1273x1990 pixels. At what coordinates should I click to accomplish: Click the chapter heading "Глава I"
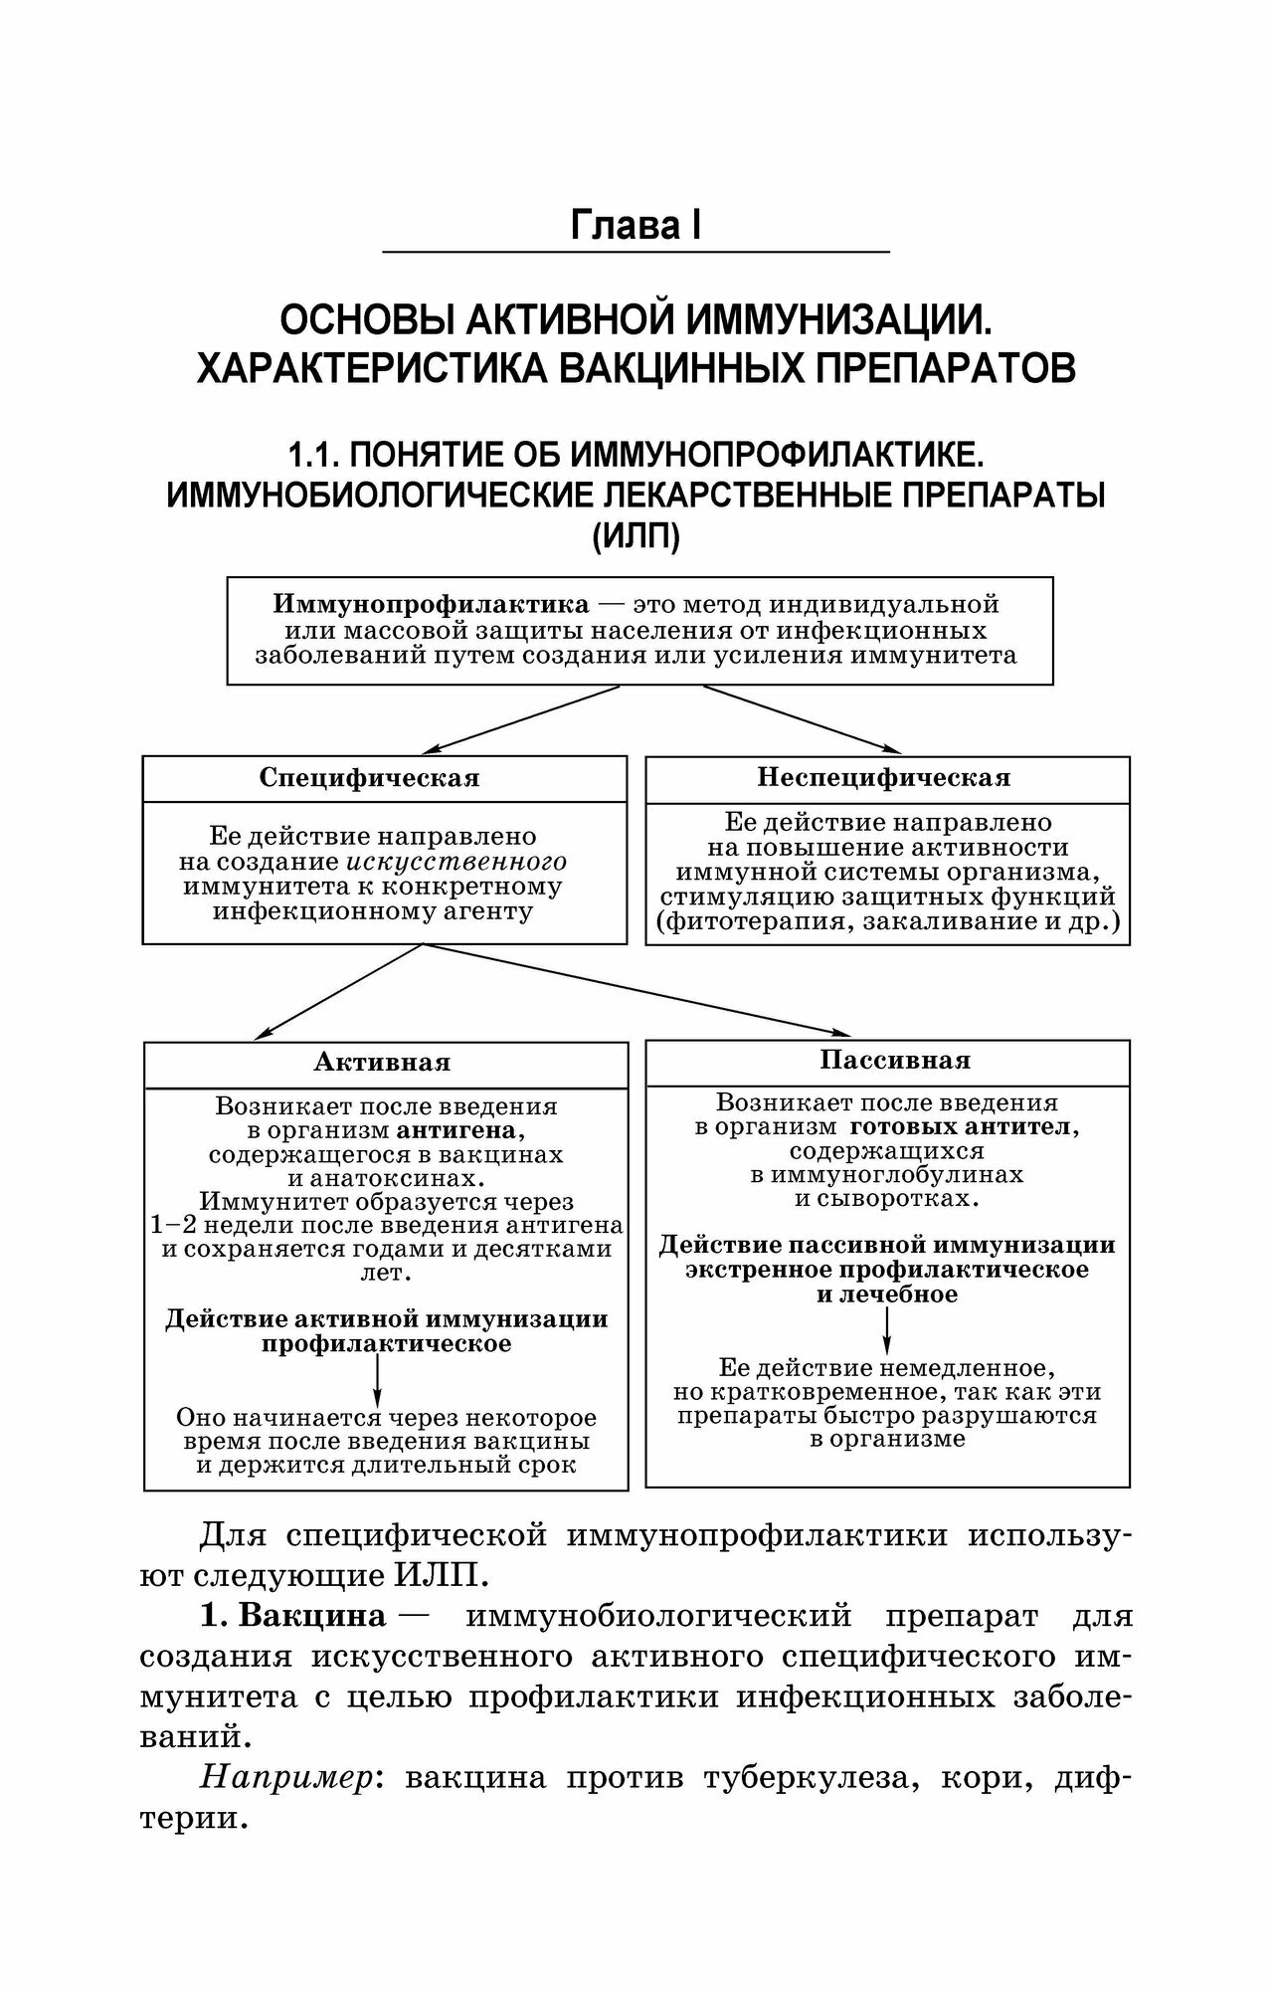click(x=636, y=226)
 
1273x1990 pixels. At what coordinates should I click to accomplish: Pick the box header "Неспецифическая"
click(x=883, y=776)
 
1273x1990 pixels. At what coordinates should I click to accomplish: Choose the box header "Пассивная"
click(x=894, y=1060)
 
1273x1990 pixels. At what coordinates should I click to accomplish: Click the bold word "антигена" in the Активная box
click(x=458, y=1130)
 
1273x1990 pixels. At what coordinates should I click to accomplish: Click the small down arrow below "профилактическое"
click(x=377, y=1379)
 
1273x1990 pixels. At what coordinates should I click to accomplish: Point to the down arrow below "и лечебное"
click(x=886, y=1329)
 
